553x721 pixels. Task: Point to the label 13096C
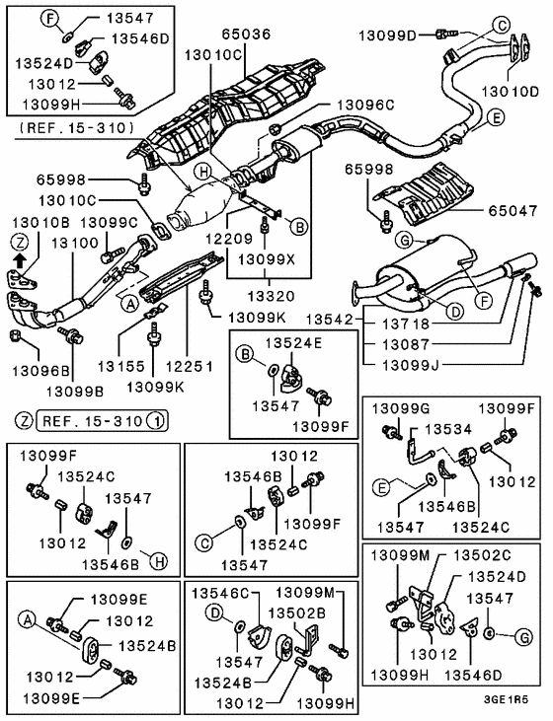(365, 103)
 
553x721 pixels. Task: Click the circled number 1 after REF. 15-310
(154, 422)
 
